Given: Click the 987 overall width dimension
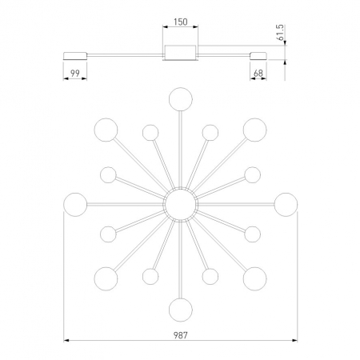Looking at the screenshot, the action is click(181, 335).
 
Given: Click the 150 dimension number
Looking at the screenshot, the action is click(181, 22).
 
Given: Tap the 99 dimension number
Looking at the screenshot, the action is click(75, 73).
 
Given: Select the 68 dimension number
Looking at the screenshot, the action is click(258, 73).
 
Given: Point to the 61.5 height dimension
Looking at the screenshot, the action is click(280, 32).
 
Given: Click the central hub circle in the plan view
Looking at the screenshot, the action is click(181, 204).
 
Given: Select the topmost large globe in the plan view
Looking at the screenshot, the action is click(181, 99).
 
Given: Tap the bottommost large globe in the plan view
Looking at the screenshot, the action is click(181, 310).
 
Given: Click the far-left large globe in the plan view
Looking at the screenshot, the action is click(75, 205).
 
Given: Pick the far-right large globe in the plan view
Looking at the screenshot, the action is click(286, 205).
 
